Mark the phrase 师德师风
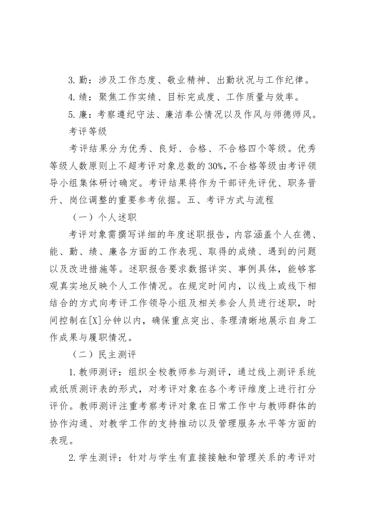290,115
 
